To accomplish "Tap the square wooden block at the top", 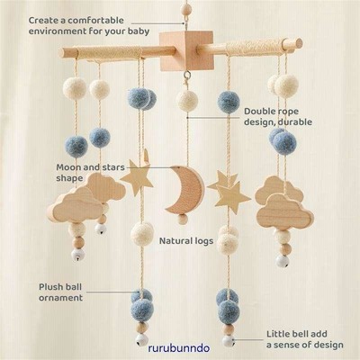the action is coord(186,50).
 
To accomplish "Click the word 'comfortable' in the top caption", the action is coord(95,21).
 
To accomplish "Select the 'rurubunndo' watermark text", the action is coord(179,348).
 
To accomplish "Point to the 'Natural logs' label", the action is coord(186,241).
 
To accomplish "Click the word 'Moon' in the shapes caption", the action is coord(68,167).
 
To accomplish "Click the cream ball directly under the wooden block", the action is coord(187,101).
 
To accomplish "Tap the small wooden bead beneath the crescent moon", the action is coord(183,220).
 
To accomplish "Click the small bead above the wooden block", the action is coord(186,8).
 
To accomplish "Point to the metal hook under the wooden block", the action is coord(187,75).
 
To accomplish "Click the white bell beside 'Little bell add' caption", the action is coord(229,341).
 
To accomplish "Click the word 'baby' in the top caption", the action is coord(139,31).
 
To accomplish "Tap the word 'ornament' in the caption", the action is coord(60,298).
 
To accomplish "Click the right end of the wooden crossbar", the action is coord(298,43).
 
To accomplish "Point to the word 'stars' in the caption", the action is coord(112,167).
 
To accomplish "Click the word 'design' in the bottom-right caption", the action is coord(328,345).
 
